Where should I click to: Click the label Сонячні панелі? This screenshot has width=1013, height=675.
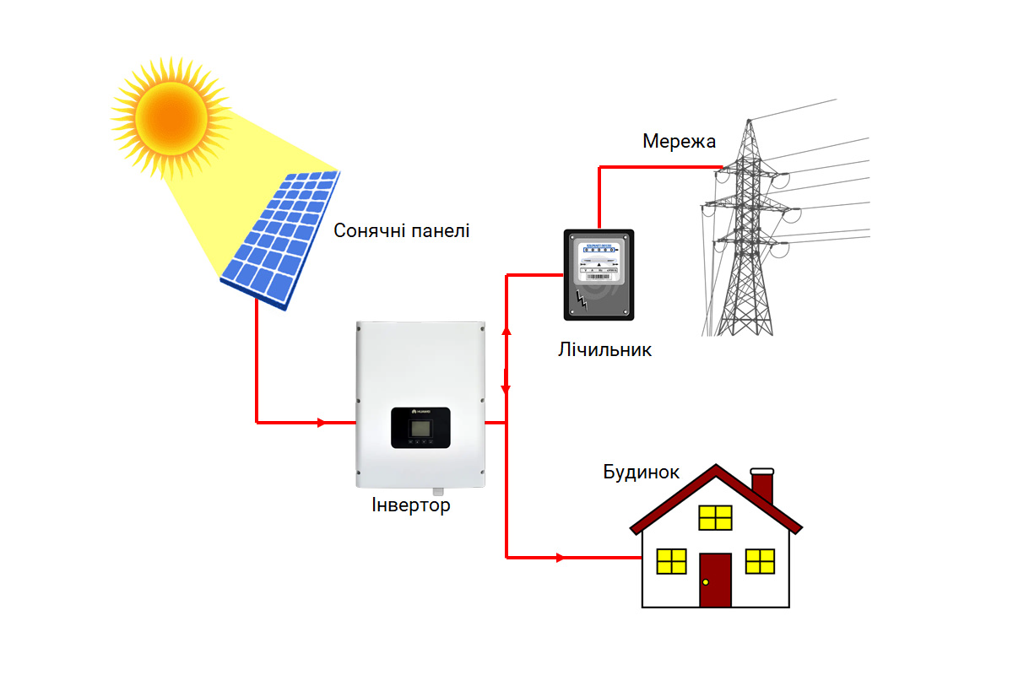click(401, 230)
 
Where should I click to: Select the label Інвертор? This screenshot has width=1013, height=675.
click(411, 506)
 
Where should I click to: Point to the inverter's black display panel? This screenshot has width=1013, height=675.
click(420, 427)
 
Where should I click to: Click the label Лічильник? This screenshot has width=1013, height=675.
click(604, 349)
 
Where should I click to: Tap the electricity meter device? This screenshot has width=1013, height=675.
click(599, 274)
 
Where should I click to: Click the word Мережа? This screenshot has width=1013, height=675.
click(679, 141)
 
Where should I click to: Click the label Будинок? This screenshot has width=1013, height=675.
click(641, 472)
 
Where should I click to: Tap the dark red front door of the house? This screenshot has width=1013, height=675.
click(715, 580)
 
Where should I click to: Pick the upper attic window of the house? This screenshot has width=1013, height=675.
click(715, 517)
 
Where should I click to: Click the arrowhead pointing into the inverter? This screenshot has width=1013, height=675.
click(321, 422)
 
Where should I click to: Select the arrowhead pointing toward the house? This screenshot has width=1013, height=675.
click(561, 557)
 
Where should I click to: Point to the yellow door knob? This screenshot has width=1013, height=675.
click(706, 582)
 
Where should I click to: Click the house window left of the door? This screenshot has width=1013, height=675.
click(672, 561)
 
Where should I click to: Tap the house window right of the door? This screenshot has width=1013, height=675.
click(760, 561)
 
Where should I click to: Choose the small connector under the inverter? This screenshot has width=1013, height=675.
click(437, 490)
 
